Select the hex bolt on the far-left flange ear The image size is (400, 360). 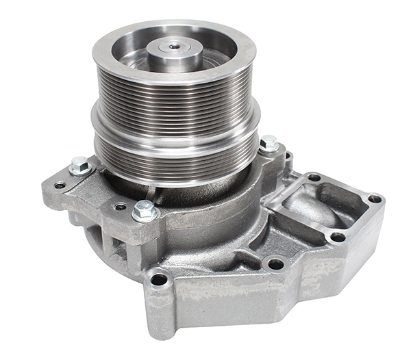(x=79, y=165)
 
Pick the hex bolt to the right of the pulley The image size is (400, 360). (x=268, y=144)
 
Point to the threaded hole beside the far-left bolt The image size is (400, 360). (x=60, y=185)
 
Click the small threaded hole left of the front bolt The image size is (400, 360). (x=121, y=206)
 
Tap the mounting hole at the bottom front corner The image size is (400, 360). (x=159, y=279)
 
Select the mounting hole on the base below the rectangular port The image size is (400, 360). (x=275, y=263)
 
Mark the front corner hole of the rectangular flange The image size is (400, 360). (x=337, y=237)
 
